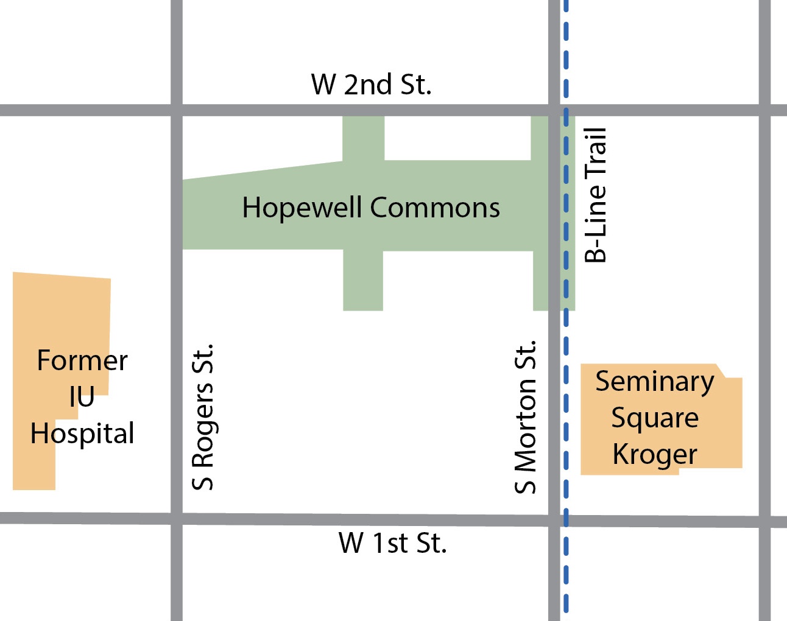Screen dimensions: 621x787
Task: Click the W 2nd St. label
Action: coord(371,85)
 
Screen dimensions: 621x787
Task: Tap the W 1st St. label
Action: coord(392,543)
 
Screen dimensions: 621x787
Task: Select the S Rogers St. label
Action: coord(203,417)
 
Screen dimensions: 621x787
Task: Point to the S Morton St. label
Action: coord(525,417)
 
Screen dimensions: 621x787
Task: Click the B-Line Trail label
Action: coord(596,195)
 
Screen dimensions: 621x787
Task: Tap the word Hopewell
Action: coord(302,208)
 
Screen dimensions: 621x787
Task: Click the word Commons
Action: coord(435,208)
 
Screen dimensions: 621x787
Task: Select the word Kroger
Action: coord(654,455)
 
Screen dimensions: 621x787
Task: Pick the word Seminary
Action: coord(654,382)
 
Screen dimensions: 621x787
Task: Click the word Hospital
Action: coord(82,434)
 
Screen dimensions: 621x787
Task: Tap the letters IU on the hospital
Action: coord(82,398)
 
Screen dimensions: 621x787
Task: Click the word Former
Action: coord(82,360)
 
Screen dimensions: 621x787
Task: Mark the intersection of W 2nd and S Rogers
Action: coord(177,110)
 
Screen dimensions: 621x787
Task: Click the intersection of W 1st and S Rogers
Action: coord(177,519)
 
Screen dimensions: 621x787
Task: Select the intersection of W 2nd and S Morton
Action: coord(554,110)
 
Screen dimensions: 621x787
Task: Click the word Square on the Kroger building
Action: coord(654,419)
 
